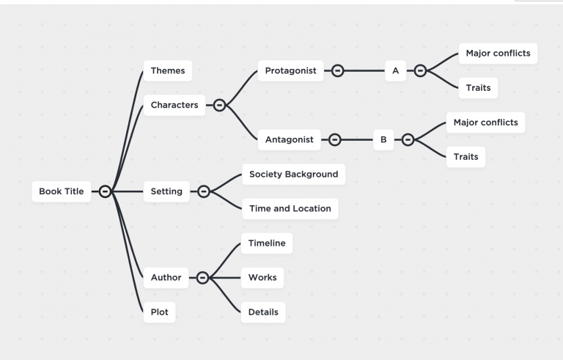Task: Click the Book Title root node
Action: (62, 191)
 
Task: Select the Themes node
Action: (168, 70)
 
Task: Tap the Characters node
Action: (174, 105)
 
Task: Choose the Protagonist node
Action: (290, 70)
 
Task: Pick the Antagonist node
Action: (289, 139)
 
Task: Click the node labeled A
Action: (395, 70)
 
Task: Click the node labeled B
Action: (383, 139)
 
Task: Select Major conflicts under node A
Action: (498, 54)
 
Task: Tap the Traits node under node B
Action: (466, 156)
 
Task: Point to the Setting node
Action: (166, 191)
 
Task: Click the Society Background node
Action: (293, 174)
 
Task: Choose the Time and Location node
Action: (290, 208)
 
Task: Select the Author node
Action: (166, 277)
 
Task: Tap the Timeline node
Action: (266, 243)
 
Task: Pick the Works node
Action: (262, 277)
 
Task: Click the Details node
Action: (263, 312)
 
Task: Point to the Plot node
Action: (159, 312)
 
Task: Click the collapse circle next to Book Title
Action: (105, 191)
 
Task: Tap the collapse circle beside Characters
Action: (218, 105)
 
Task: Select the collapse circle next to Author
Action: (202, 277)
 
